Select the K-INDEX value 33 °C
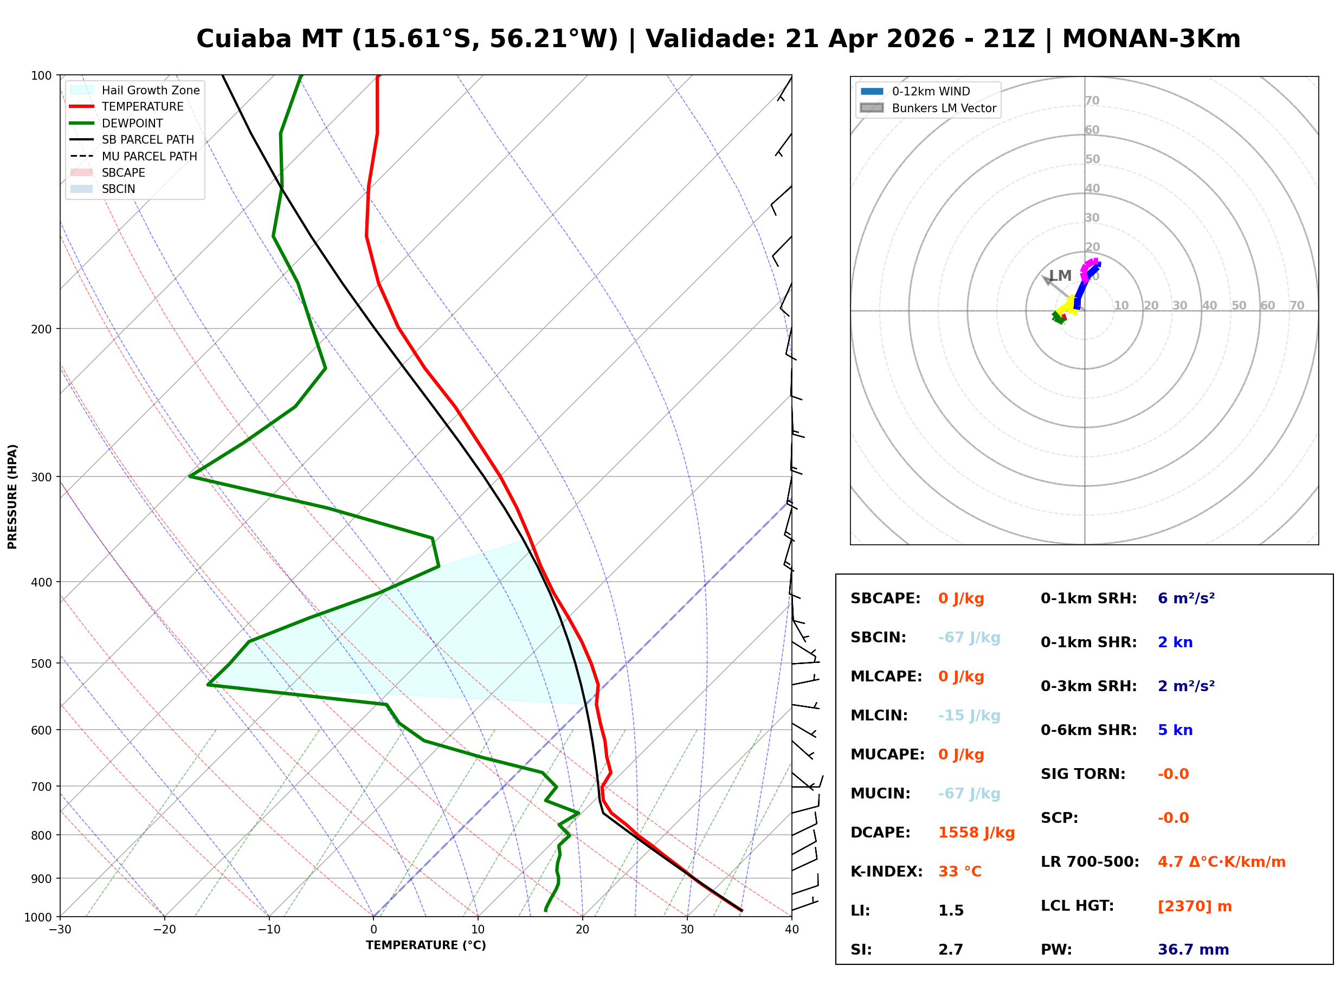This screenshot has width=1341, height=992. [959, 872]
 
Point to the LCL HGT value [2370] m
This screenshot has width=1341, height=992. [1194, 906]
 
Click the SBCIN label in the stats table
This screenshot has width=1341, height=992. [878, 637]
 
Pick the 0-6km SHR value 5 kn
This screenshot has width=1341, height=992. [1175, 730]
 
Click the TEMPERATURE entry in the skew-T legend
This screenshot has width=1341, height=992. [142, 107]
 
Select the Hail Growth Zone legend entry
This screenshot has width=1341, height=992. [150, 91]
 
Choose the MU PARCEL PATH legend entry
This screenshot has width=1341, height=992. [149, 157]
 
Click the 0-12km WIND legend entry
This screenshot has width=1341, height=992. [931, 92]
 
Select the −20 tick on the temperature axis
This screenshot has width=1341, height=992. [164, 930]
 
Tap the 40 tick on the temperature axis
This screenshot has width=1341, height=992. [791, 930]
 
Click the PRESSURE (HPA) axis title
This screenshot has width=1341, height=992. [12, 497]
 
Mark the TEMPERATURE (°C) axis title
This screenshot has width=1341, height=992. [425, 946]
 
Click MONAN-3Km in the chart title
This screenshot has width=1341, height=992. [1151, 39]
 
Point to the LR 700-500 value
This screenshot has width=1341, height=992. [1221, 862]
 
